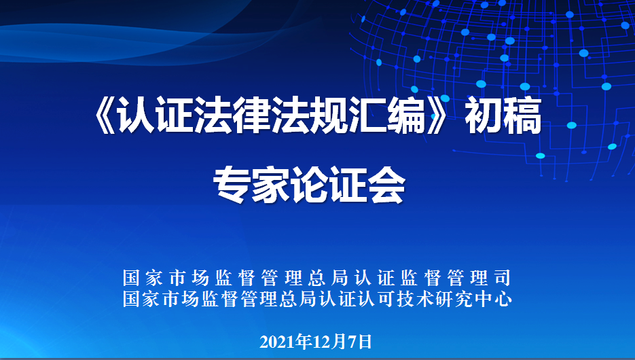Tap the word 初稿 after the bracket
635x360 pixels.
coord(503,116)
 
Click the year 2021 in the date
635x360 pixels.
coord(277,342)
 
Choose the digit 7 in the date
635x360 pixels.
coord(352,342)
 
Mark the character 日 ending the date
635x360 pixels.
coord(365,342)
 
